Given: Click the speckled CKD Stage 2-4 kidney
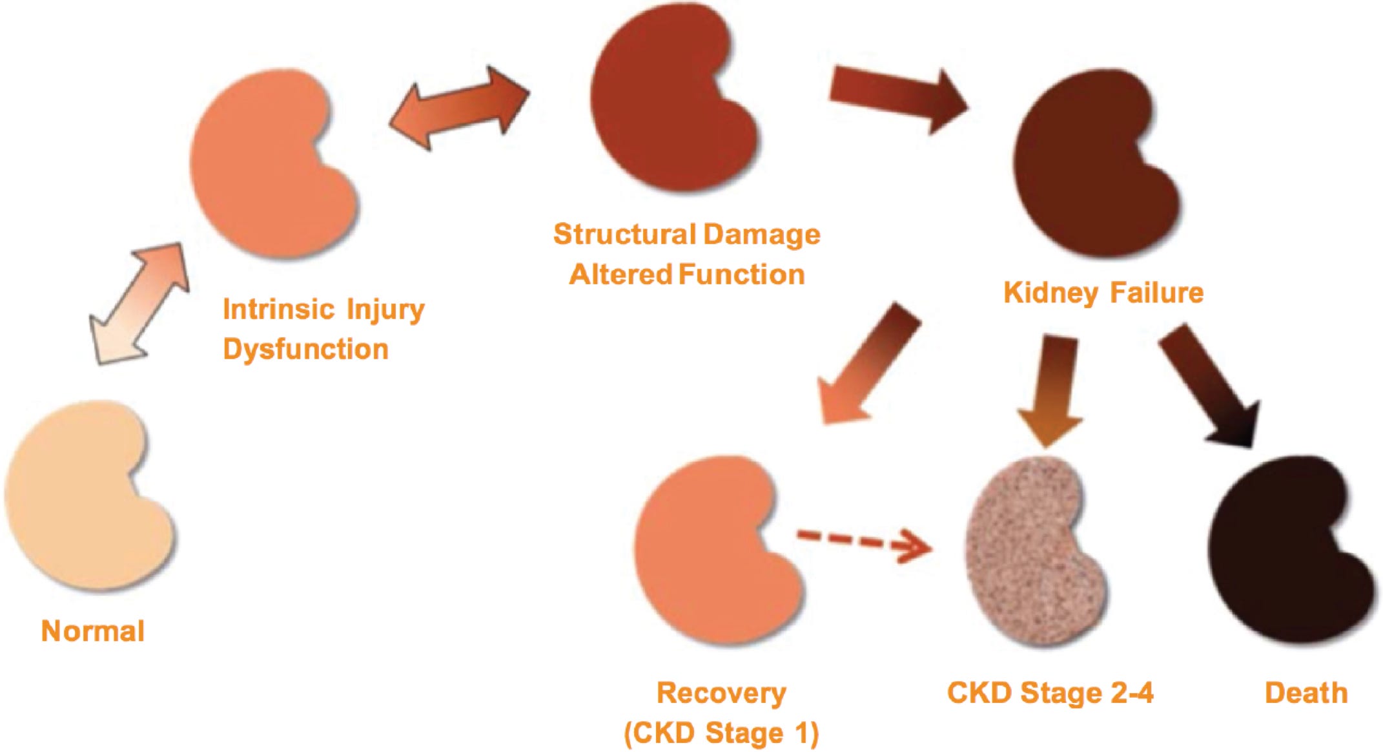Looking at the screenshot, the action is pyautogui.click(x=1033, y=549).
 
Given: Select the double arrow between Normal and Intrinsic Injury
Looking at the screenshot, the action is pyautogui.click(x=139, y=304).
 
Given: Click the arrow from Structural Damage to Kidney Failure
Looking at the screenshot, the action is pyautogui.click(x=897, y=97).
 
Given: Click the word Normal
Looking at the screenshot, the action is pyautogui.click(x=92, y=631).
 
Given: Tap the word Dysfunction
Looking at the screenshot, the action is pyautogui.click(x=305, y=350).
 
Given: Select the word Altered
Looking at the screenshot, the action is pyautogui.click(x=620, y=275).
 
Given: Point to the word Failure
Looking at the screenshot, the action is pyautogui.click(x=1157, y=293).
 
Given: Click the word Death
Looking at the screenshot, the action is pyautogui.click(x=1306, y=693).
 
